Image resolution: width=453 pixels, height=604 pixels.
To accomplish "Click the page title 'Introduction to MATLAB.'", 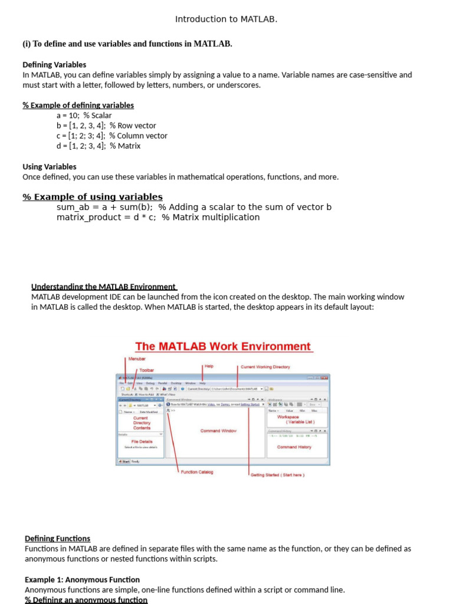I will (x=226, y=19).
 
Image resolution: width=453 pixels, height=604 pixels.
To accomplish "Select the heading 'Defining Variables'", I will (x=54, y=65).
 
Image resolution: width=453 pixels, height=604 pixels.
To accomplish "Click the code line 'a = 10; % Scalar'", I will (x=84, y=116).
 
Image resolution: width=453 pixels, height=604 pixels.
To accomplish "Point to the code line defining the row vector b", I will (x=106, y=126).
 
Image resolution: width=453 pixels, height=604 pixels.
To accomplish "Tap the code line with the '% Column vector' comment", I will (x=111, y=136).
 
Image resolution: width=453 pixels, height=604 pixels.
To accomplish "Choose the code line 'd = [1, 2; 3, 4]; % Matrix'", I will (x=99, y=146).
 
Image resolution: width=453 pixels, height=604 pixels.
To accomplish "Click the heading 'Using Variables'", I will (x=50, y=167).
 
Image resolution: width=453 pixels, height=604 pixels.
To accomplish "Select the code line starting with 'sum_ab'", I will (x=194, y=207).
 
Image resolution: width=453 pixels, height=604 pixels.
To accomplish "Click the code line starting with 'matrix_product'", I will (x=157, y=217).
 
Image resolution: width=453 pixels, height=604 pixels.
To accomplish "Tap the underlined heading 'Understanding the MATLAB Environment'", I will (x=104, y=287).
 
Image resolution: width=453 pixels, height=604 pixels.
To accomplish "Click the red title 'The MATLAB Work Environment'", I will (x=223, y=347).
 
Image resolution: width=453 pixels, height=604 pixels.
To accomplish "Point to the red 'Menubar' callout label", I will (x=137, y=359).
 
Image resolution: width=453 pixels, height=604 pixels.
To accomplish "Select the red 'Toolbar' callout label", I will (x=147, y=370).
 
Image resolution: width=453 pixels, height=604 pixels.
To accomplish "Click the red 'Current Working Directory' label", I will (x=265, y=367).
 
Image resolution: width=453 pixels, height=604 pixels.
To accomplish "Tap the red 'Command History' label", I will (x=294, y=447).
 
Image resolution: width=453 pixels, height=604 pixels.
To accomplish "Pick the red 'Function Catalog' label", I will (x=197, y=472).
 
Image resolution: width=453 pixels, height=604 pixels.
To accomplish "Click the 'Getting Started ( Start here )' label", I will (x=277, y=475).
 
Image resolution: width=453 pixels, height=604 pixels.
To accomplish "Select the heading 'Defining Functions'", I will (x=58, y=539).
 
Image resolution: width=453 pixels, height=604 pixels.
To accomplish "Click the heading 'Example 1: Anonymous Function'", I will (x=83, y=580).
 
